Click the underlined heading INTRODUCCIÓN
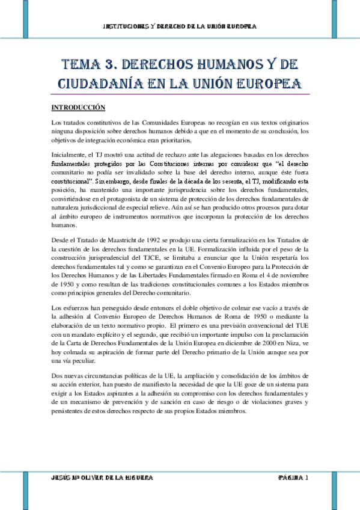point(78,107)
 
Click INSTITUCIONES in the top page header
point(127,26)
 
